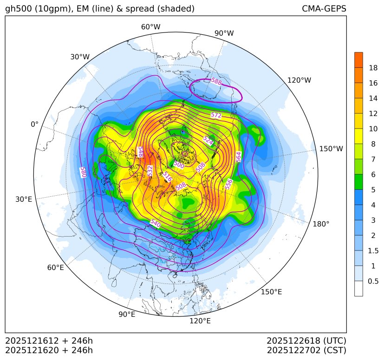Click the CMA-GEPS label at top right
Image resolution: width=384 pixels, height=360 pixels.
pyautogui.click(x=324, y=9)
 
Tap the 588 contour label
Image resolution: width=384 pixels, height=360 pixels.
pyautogui.click(x=216, y=81)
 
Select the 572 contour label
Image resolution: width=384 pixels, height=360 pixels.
pyautogui.click(x=216, y=115)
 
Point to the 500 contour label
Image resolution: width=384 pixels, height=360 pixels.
pyautogui.click(x=178, y=164)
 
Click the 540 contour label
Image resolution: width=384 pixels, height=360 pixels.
pyautogui.click(x=156, y=223)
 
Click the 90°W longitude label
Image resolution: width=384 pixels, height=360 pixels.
pyautogui.click(x=224, y=33)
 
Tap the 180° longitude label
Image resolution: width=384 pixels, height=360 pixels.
pyautogui.click(x=321, y=224)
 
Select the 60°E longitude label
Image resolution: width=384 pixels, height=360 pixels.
pyautogui.click(x=56, y=268)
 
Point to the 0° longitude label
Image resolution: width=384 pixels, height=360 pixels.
pyautogui.click(x=34, y=124)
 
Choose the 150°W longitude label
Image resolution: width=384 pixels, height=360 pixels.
pyautogui.click(x=331, y=149)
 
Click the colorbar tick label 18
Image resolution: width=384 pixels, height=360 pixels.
pyautogui.click(x=373, y=68)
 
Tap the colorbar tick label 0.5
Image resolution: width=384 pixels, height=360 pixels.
pyautogui.click(x=373, y=281)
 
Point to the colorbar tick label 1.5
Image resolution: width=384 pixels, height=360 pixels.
pyautogui.click(x=373, y=251)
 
